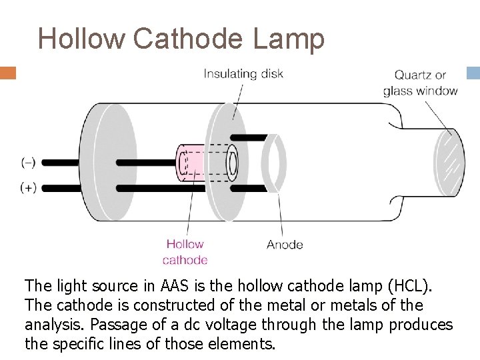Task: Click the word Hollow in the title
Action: [x=81, y=39]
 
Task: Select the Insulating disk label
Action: [x=243, y=73]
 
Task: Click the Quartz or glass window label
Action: [x=420, y=83]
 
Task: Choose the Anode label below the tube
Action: [x=285, y=245]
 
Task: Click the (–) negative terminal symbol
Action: [x=29, y=162]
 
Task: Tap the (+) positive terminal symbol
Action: [x=29, y=187]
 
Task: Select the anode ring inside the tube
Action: [x=273, y=162]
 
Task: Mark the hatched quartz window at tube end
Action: [x=449, y=162]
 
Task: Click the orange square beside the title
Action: [x=8, y=73]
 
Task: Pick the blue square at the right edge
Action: [x=473, y=73]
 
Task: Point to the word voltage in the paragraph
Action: [x=235, y=325]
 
